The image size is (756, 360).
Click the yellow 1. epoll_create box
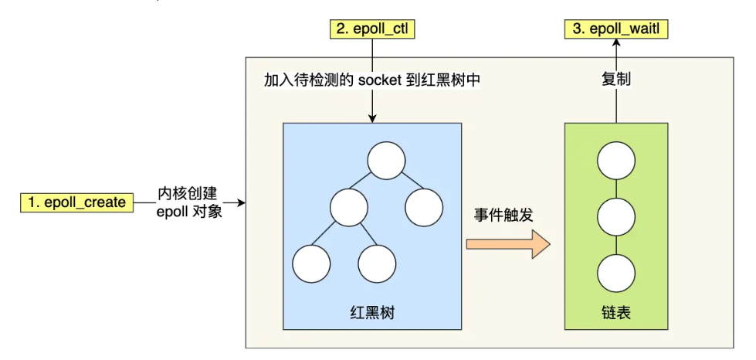click(x=76, y=202)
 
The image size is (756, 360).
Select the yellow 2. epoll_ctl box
click(x=372, y=30)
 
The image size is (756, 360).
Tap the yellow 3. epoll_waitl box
click(x=616, y=30)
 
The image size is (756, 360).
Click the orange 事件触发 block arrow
click(x=507, y=247)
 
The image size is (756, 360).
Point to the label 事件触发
click(x=504, y=216)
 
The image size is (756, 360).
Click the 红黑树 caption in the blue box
click(x=372, y=313)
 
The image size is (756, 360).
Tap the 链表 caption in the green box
click(x=616, y=313)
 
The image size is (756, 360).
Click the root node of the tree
click(x=386, y=161)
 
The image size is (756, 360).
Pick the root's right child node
click(x=423, y=207)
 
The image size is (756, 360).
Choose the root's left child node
click(x=348, y=207)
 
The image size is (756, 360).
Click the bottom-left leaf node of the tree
click(x=312, y=262)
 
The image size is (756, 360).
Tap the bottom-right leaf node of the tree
click(x=378, y=262)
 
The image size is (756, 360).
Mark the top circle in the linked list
click(x=616, y=161)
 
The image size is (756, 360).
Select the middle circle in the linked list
click(x=616, y=216)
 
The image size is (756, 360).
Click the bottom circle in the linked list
click(x=616, y=272)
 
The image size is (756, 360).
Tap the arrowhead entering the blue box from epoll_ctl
click(x=372, y=117)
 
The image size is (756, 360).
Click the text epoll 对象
click(x=188, y=211)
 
